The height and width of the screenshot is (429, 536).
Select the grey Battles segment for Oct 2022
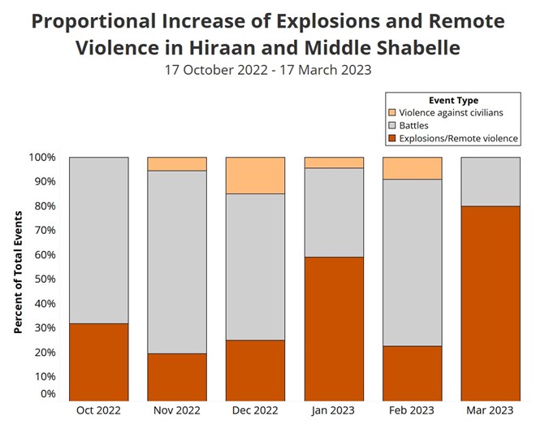(x=98, y=240)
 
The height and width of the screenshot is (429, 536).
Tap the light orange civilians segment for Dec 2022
(x=255, y=175)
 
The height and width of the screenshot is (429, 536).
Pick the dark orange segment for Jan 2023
(x=334, y=328)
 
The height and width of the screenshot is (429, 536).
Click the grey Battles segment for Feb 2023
(x=412, y=262)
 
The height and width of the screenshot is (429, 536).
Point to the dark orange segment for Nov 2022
(x=177, y=376)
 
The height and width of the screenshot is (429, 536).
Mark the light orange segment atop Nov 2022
(x=177, y=163)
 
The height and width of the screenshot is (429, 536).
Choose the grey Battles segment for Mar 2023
(x=491, y=181)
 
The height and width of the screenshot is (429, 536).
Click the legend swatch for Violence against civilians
(x=391, y=113)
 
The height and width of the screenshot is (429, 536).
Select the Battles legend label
(x=413, y=126)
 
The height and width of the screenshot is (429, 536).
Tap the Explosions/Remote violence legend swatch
(x=391, y=139)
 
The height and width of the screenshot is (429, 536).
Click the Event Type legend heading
(x=452, y=100)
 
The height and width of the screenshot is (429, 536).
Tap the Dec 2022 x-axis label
(x=255, y=410)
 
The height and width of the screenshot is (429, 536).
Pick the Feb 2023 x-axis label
(x=412, y=410)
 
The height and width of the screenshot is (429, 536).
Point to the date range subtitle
(x=267, y=70)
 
